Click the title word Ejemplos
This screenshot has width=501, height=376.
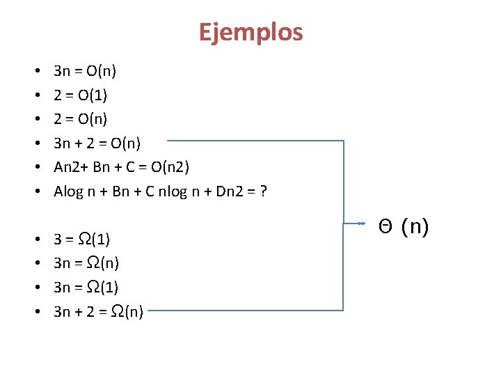coord(250,33)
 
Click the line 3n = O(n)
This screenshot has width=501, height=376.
coord(85,70)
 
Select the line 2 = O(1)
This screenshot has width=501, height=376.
coord(80,95)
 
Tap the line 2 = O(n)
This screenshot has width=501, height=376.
coord(80,119)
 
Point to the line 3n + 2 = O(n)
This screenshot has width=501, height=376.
coord(97,143)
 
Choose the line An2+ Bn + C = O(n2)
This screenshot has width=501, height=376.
coord(121,167)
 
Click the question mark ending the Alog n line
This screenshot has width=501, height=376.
coord(264,191)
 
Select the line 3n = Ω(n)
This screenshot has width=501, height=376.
coord(86,263)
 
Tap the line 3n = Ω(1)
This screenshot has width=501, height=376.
coord(86,288)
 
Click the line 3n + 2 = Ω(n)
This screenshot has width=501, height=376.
coord(98,312)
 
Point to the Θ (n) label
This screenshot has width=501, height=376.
coord(404,226)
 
